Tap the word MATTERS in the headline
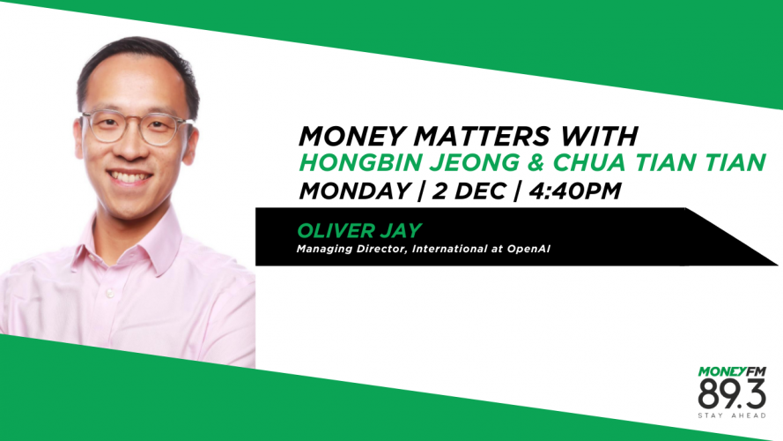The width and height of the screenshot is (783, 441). [x=482, y=136]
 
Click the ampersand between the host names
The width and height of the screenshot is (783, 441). [x=535, y=162]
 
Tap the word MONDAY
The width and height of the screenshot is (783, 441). [x=355, y=191]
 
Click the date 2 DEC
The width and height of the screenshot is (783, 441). [x=469, y=191]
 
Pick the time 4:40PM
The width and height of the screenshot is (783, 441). [x=574, y=191]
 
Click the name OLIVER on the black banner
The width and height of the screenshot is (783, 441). [x=336, y=230]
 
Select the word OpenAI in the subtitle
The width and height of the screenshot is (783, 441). [x=528, y=249]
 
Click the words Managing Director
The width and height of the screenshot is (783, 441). [x=352, y=249]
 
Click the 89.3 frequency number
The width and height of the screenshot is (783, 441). [x=732, y=394]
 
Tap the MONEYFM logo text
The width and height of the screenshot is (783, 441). [x=732, y=371]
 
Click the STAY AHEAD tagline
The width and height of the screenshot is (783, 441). [x=732, y=415]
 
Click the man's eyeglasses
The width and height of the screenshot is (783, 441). [x=135, y=127]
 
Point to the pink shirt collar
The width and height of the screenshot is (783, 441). [x=129, y=240]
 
